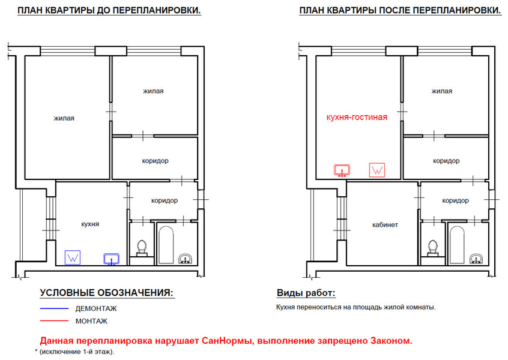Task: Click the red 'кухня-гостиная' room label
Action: coord(357,117)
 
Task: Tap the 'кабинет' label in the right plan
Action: coord(385,224)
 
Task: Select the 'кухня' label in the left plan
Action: coord(90,224)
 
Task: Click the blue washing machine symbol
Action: coord(73,257)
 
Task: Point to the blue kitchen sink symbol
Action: coord(112,259)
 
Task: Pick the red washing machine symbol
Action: coord(377,170)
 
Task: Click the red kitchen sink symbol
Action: coord(342,170)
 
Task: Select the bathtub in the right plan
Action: coord(457,245)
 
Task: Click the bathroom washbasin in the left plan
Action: coord(186,259)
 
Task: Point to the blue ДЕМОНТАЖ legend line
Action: coord(54,308)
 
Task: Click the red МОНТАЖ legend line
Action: coord(54,321)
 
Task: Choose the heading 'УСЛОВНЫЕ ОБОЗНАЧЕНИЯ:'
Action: coord(107,293)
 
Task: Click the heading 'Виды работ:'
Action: coord(306,293)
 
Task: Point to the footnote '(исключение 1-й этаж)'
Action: coord(76,352)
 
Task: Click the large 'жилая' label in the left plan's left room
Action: coord(64,118)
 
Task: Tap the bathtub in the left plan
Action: coord(166,245)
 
